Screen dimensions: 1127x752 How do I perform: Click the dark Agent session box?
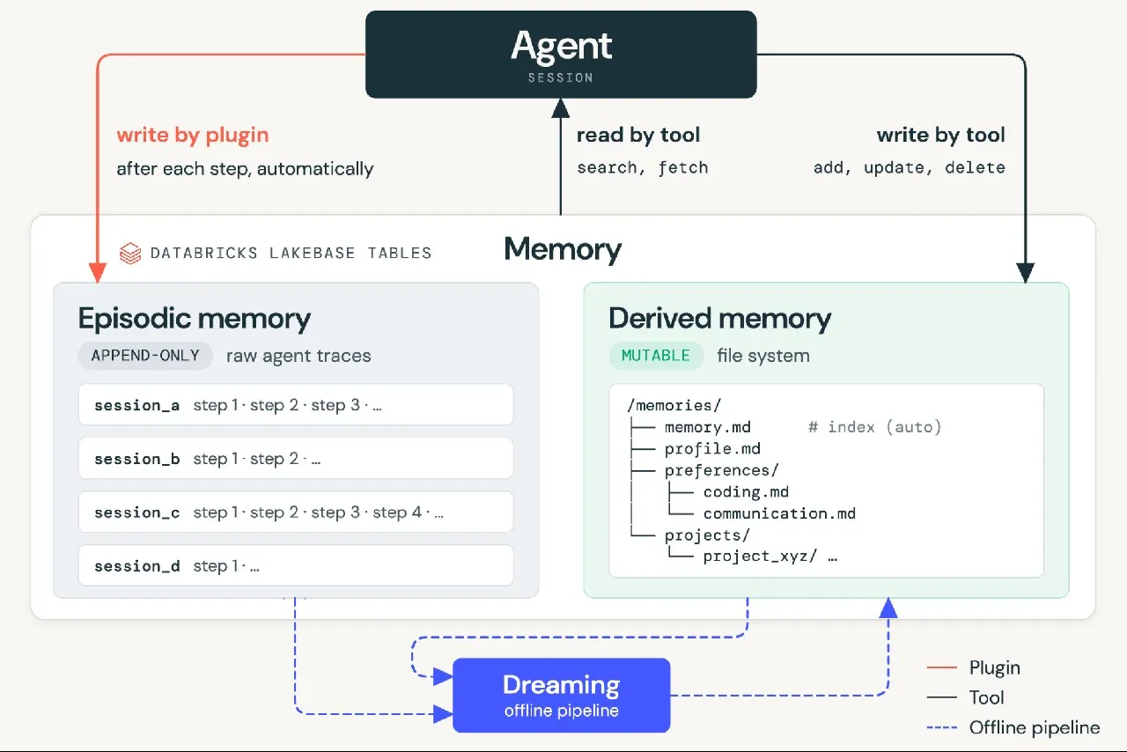tap(561, 55)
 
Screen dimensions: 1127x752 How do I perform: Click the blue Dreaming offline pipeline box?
tap(562, 695)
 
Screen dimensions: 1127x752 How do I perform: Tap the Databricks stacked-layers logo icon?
tap(130, 254)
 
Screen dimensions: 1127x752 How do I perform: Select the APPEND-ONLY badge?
tap(145, 356)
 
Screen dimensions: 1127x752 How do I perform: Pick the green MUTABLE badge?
tap(656, 356)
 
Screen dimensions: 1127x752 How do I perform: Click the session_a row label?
tap(136, 405)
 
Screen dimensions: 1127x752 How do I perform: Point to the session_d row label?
tap(136, 566)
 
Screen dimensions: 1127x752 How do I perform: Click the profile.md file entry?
tap(712, 448)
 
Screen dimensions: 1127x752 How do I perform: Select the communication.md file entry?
tap(779, 513)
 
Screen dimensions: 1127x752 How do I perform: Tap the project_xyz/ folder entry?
tap(760, 557)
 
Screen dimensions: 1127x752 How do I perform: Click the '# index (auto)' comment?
tap(874, 427)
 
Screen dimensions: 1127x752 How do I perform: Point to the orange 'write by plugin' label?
tap(193, 135)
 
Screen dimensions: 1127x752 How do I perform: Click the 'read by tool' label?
tap(638, 135)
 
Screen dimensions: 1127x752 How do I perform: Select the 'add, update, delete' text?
tap(910, 167)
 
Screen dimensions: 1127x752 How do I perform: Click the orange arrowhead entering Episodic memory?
tap(98, 272)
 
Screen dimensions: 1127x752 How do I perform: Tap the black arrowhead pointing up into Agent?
tap(561, 108)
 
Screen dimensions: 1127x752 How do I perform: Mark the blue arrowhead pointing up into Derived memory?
tap(888, 608)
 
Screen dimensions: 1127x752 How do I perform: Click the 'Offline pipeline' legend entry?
tap(1013, 728)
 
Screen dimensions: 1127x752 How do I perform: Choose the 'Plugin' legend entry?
tap(974, 667)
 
